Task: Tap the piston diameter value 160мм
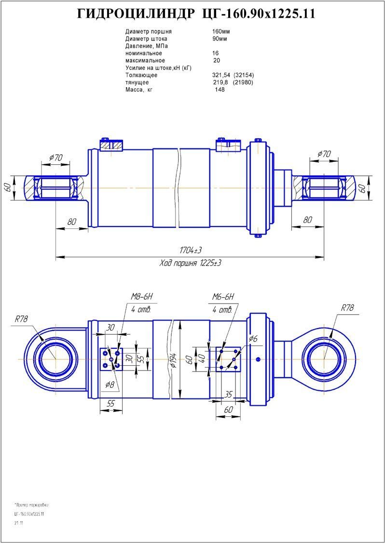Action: pos(220,32)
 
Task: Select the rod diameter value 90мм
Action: pos(220,39)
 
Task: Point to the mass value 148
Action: pos(220,90)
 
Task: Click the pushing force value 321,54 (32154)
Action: pos(233,75)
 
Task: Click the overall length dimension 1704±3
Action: pos(191,251)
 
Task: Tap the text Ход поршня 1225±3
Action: pos(190,263)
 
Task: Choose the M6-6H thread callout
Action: pos(223,296)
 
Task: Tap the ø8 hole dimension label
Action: pos(110,385)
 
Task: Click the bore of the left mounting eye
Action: pos(55,359)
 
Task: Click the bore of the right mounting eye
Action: pos(324,359)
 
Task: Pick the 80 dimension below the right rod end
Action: pos(307,220)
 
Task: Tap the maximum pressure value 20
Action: pos(216,61)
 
